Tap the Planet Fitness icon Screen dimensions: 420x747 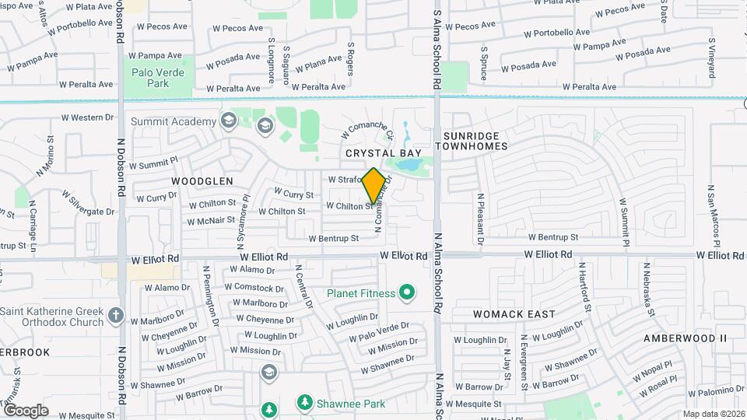pos(406,293)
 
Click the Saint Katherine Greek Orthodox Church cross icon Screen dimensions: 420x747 pos(116,316)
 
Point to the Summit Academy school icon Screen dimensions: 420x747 pos(228,121)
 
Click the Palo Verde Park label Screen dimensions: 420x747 pos(150,77)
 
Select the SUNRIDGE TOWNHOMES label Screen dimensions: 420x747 pos(475,141)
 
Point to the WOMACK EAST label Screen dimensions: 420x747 pos(514,314)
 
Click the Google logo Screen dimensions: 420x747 pos(26,411)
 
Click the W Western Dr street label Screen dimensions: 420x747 pos(87,118)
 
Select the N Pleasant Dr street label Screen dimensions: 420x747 pos(481,220)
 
